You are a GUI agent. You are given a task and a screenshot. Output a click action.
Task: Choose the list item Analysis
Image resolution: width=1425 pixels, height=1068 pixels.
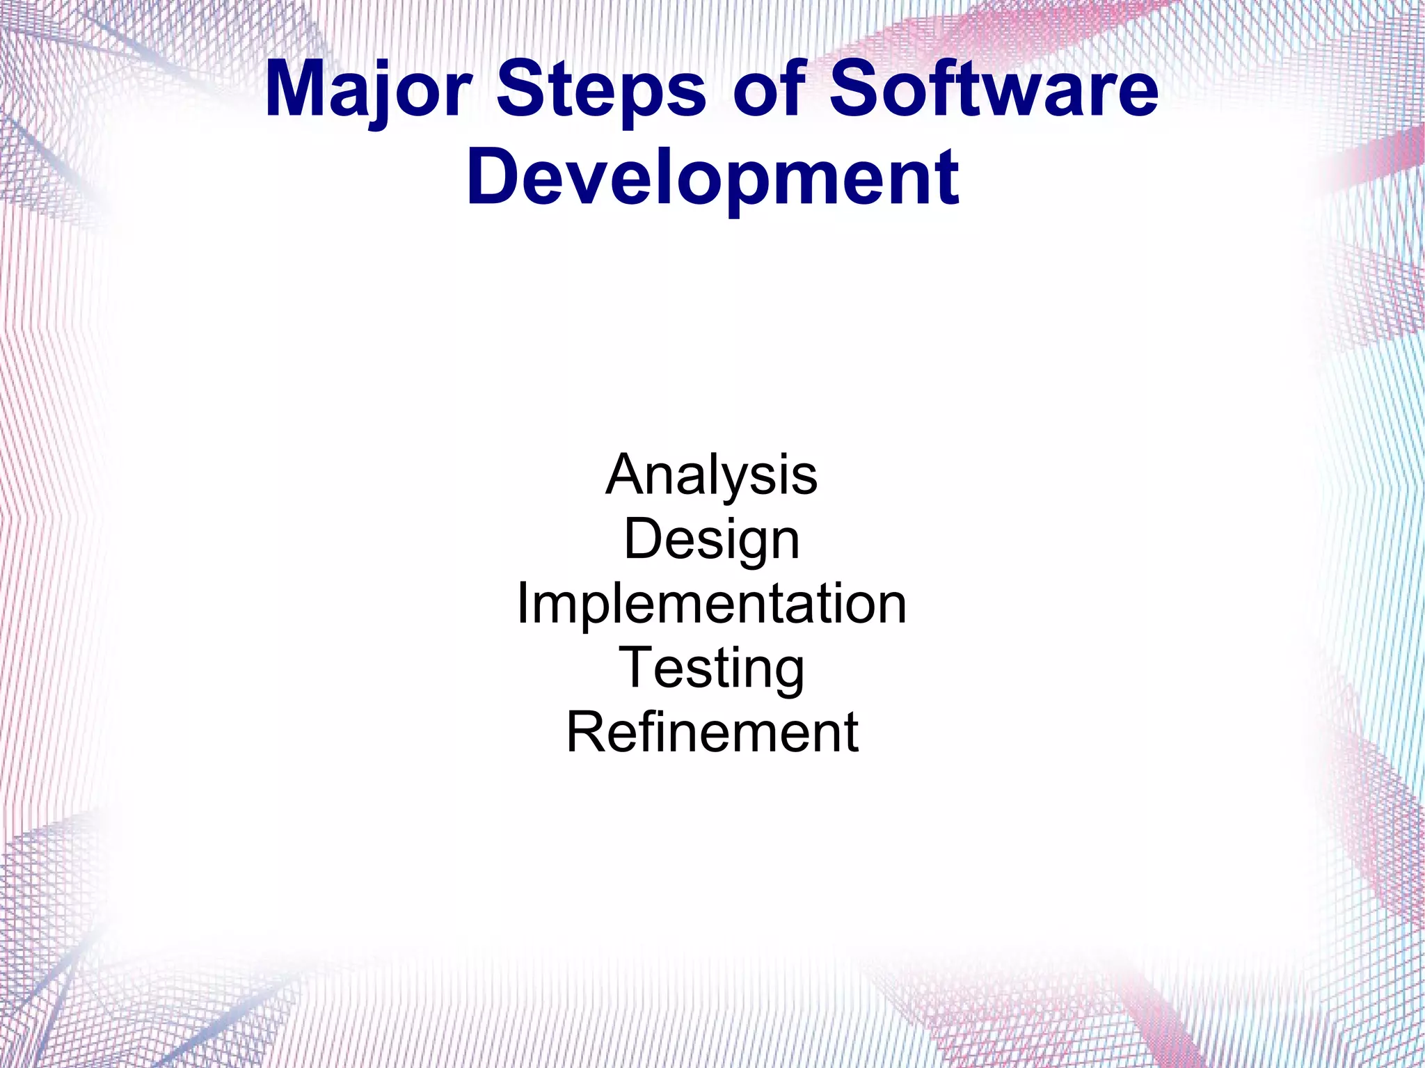click(712, 475)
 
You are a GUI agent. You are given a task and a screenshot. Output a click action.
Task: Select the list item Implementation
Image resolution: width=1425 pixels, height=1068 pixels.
click(712, 604)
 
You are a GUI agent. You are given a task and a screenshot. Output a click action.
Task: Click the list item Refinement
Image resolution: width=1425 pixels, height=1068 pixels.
click(712, 733)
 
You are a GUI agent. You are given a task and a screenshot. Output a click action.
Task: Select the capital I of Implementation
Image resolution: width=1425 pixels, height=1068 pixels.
click(523, 604)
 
